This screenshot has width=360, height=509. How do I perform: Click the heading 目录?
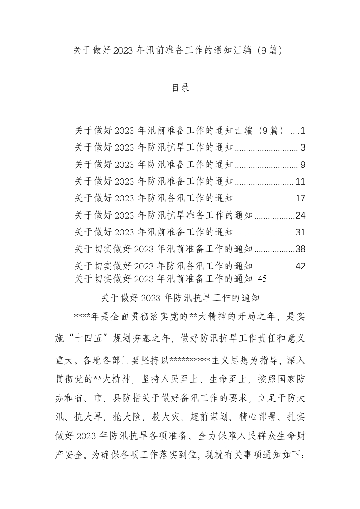pyautogui.click(x=180, y=88)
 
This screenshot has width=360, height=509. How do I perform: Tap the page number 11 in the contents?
pyautogui.click(x=301, y=182)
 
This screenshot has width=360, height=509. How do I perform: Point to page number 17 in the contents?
pyautogui.click(x=301, y=199)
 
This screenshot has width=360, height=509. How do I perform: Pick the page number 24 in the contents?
pyautogui.click(x=301, y=215)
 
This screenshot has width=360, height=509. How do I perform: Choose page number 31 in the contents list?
pyautogui.click(x=301, y=232)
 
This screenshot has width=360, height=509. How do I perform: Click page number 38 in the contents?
pyautogui.click(x=301, y=249)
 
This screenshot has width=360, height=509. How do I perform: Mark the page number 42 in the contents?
pyautogui.click(x=301, y=266)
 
